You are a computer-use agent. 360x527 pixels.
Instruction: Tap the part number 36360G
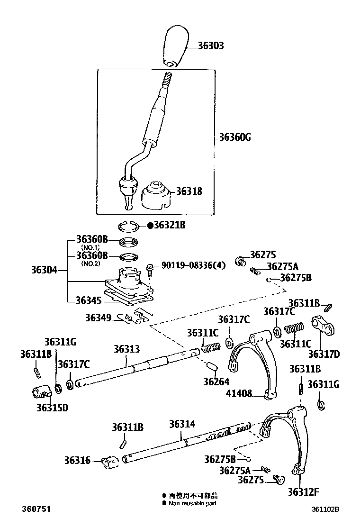click(x=234, y=138)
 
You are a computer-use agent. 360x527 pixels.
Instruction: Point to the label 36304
click(x=44, y=270)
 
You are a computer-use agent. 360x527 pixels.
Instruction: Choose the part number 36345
click(x=89, y=300)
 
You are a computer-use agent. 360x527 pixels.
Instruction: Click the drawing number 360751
click(x=36, y=509)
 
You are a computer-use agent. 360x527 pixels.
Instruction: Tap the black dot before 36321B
click(x=150, y=226)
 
